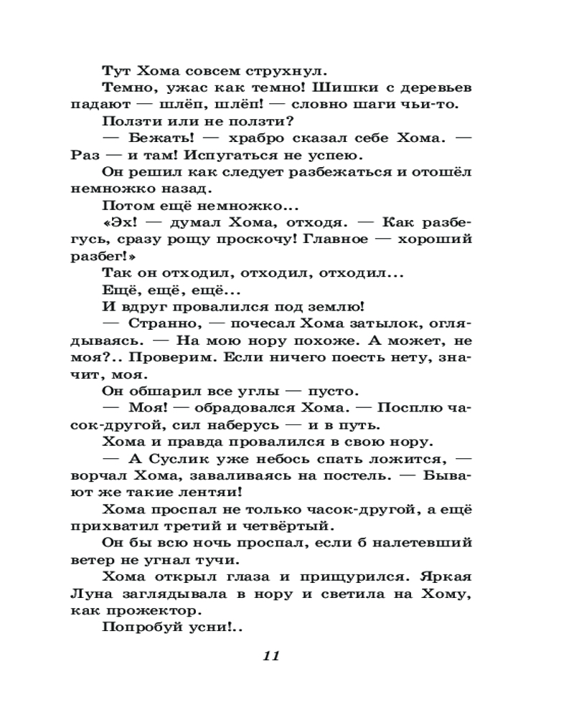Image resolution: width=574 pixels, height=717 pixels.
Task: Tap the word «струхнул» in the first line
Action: coord(282,71)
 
